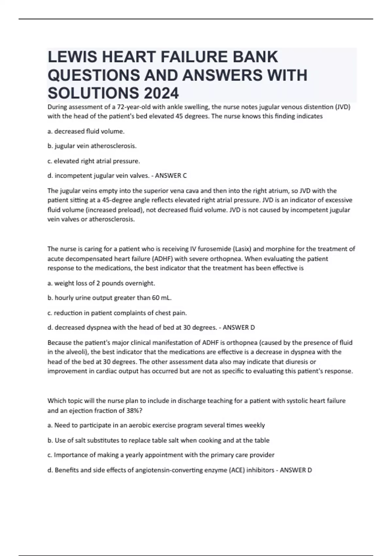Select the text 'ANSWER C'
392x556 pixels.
[171, 176]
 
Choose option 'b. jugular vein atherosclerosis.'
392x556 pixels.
[92, 146]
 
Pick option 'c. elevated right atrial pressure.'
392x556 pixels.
[94, 161]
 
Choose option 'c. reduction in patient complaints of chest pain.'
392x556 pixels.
[117, 313]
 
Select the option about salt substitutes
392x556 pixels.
[158, 440]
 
